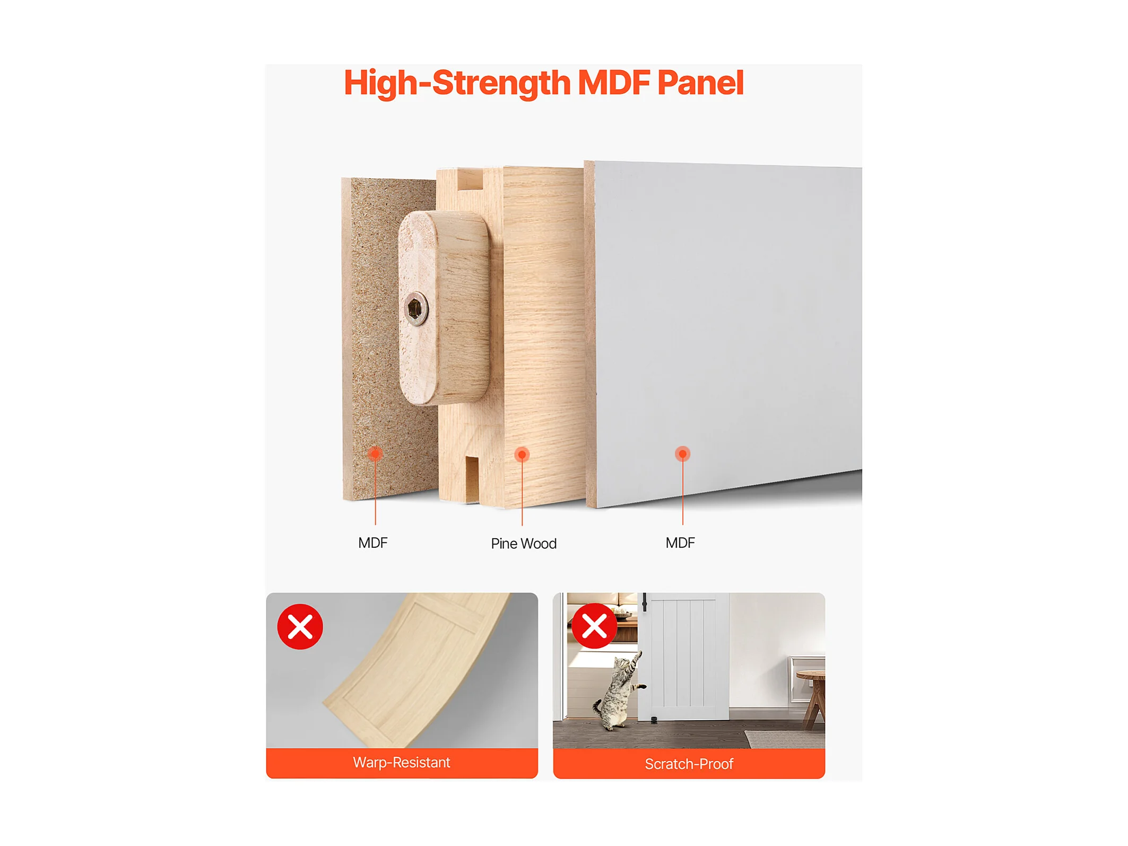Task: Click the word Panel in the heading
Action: click(x=700, y=83)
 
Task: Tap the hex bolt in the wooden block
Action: click(x=416, y=308)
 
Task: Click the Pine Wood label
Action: click(x=524, y=543)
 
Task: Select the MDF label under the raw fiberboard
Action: click(x=373, y=542)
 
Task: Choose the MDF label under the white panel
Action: click(x=680, y=542)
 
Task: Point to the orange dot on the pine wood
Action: click(x=522, y=454)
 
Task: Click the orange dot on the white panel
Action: click(x=683, y=454)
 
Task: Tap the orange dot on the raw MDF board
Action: click(x=376, y=454)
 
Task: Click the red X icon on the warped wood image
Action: click(x=300, y=627)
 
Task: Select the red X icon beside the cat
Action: click(x=594, y=626)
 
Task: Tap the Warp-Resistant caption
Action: click(x=402, y=763)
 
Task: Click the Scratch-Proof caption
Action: click(x=689, y=764)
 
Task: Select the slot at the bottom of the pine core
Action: click(x=472, y=479)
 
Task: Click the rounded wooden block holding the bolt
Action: click(x=444, y=308)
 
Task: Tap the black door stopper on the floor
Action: click(x=654, y=720)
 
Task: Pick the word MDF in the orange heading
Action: click(x=614, y=83)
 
